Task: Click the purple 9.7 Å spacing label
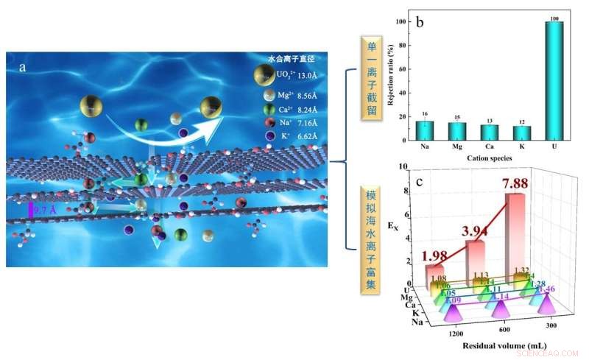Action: [48, 211]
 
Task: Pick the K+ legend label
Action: [286, 137]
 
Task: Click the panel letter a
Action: [24, 67]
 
